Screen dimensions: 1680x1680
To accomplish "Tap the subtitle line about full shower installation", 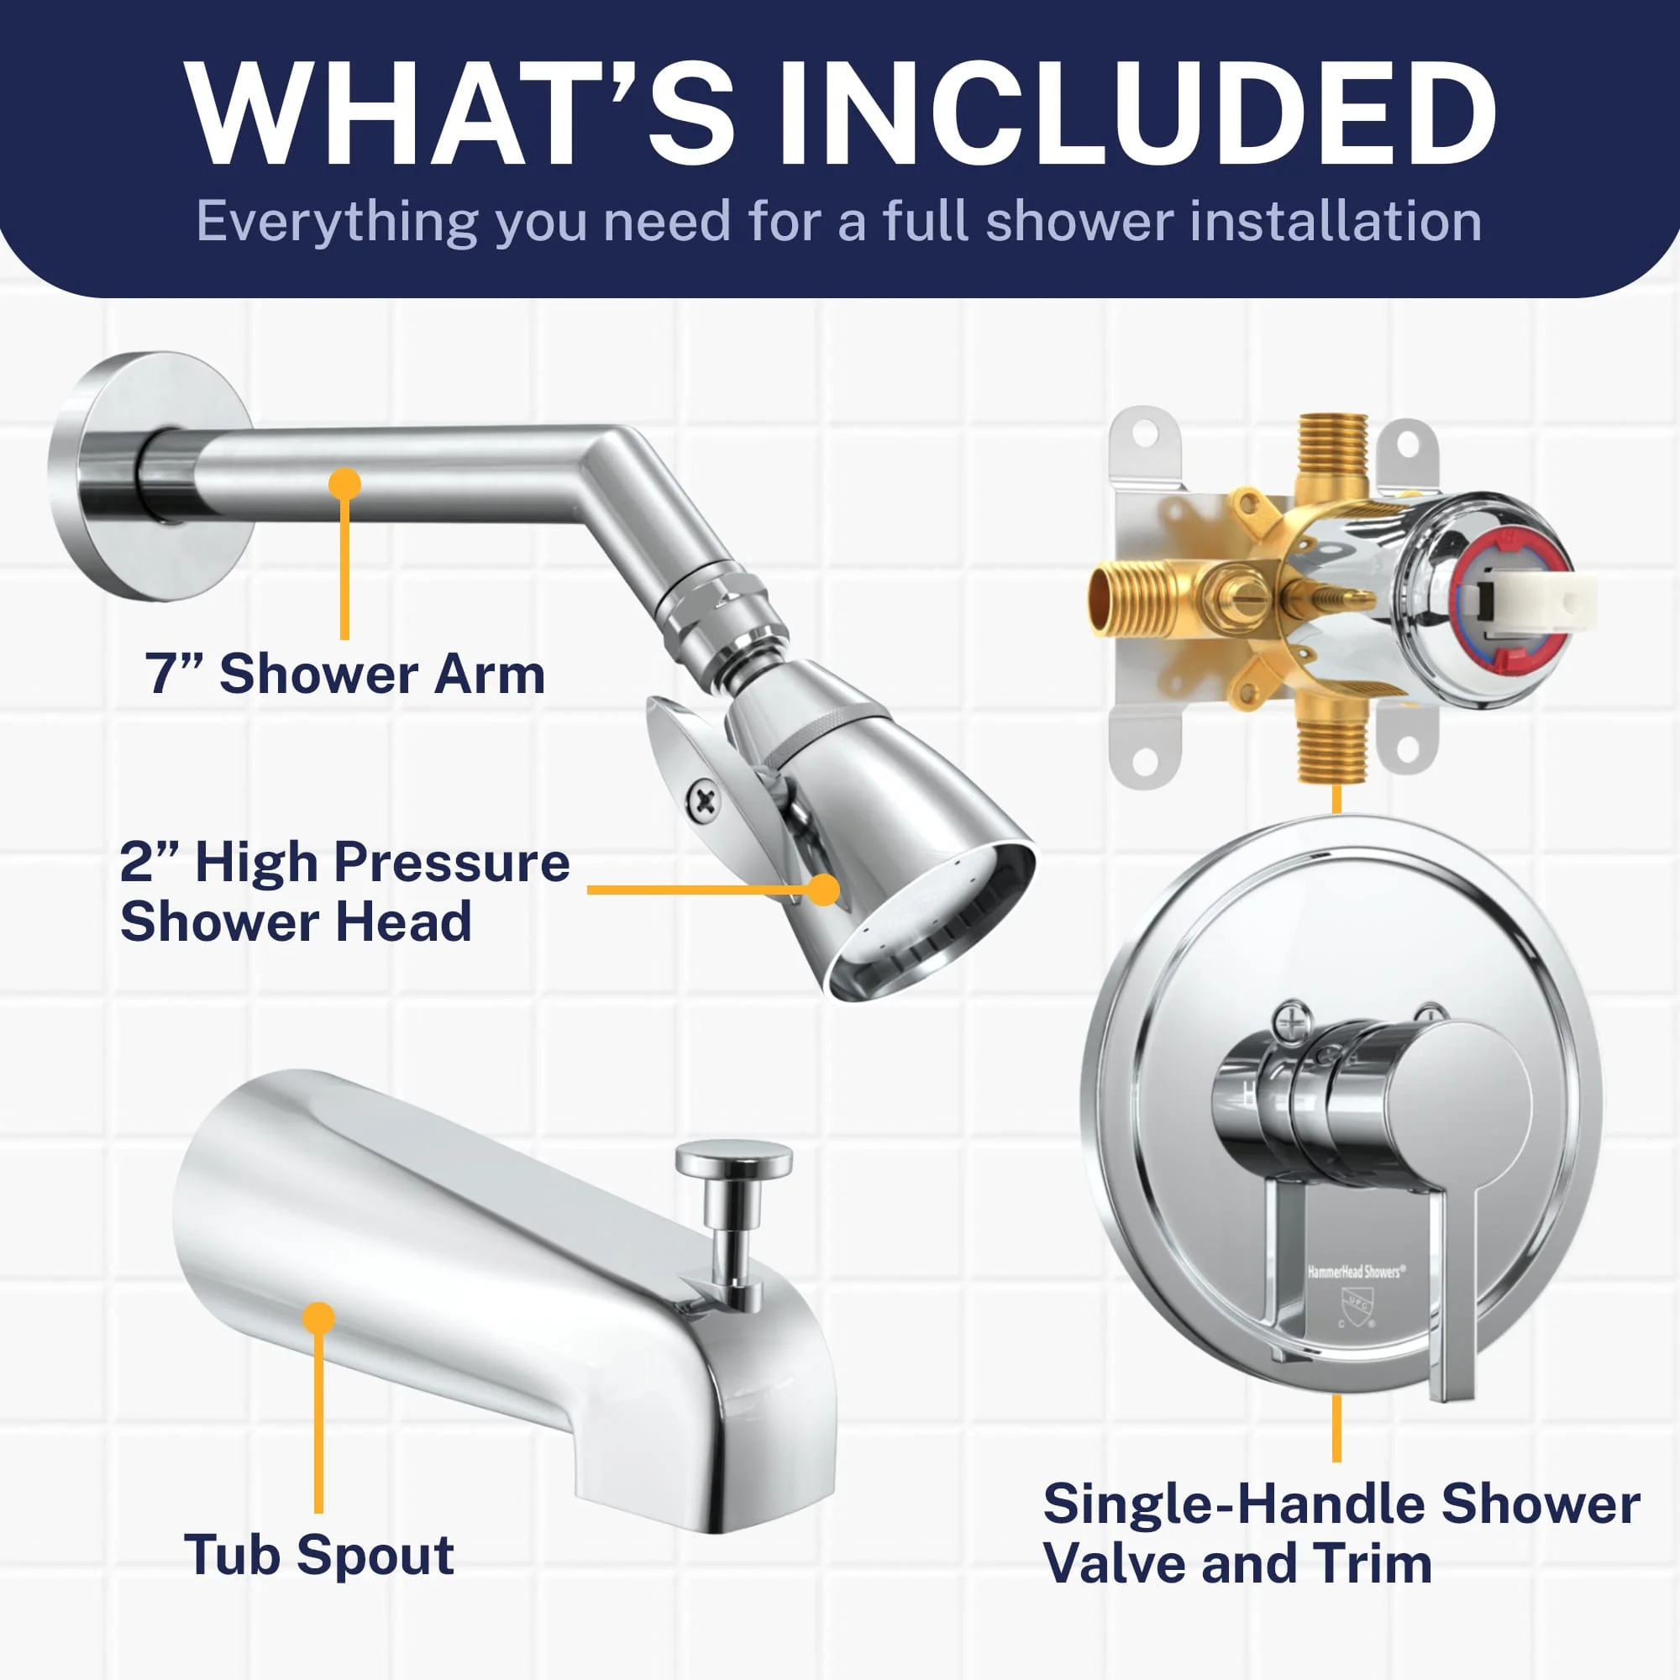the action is tap(839, 221).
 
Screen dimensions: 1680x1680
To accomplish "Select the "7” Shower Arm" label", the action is tap(345, 674).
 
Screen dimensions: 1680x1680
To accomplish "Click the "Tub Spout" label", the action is tap(318, 1554).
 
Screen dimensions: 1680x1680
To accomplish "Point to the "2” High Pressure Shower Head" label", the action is tap(344, 891).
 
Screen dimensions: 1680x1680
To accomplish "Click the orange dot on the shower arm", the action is tap(345, 485).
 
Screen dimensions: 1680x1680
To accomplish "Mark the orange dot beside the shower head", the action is tap(822, 890).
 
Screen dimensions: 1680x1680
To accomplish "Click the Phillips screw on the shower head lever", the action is tap(701, 800).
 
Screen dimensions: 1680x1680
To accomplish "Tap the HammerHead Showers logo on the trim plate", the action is tap(1355, 1272).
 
